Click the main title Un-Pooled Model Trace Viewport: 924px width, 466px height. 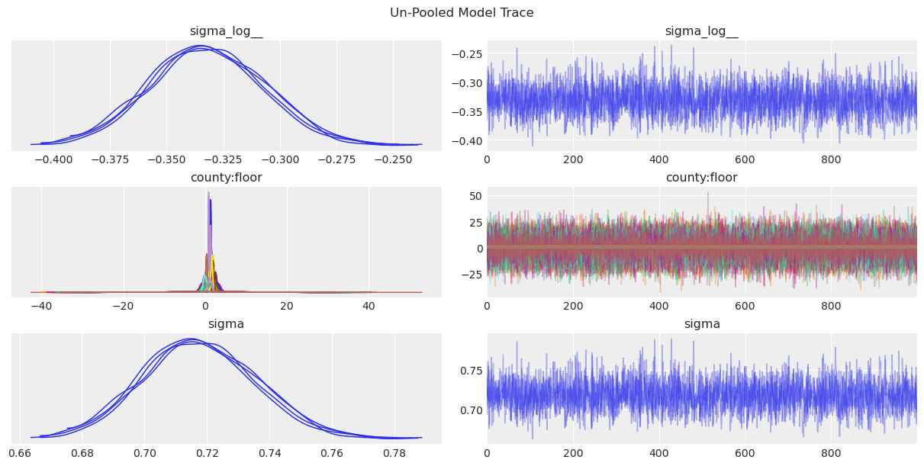click(x=462, y=12)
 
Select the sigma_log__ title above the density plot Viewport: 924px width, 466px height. click(x=227, y=31)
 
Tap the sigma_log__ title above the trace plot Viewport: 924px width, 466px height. click(x=701, y=31)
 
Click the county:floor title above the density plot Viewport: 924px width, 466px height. click(x=227, y=178)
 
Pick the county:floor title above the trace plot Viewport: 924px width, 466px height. click(x=701, y=178)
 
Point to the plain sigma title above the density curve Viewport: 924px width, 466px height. click(x=227, y=324)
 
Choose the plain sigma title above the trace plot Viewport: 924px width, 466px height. click(x=701, y=324)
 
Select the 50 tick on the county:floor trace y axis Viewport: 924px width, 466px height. click(x=474, y=197)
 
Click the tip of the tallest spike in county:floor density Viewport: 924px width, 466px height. click(x=208, y=192)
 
